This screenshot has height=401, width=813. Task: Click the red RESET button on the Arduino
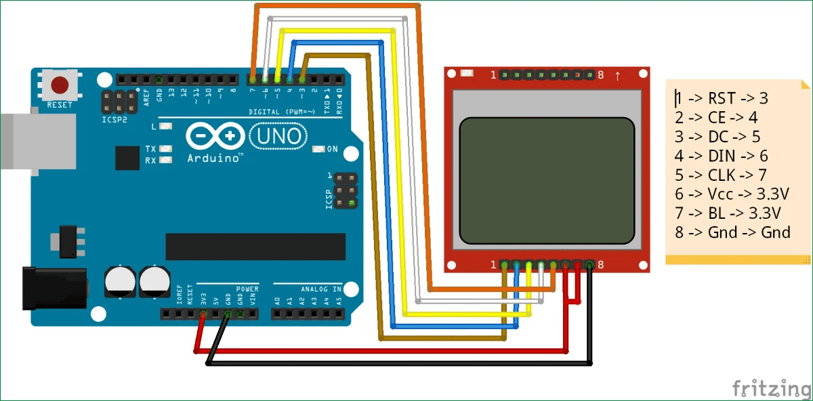click(60, 85)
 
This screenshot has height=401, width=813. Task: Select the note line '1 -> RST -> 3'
click(721, 98)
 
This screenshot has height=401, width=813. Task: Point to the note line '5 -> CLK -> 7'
click(721, 175)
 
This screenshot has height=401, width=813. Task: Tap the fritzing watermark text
click(771, 389)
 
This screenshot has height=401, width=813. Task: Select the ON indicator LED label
click(332, 149)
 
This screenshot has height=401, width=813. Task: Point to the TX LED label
click(150, 148)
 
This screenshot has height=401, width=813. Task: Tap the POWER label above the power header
click(247, 289)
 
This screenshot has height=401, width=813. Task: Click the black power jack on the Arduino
click(54, 288)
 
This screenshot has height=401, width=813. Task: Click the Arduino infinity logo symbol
click(215, 136)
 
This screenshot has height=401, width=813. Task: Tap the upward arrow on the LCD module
click(617, 75)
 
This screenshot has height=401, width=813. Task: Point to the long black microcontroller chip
click(255, 247)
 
